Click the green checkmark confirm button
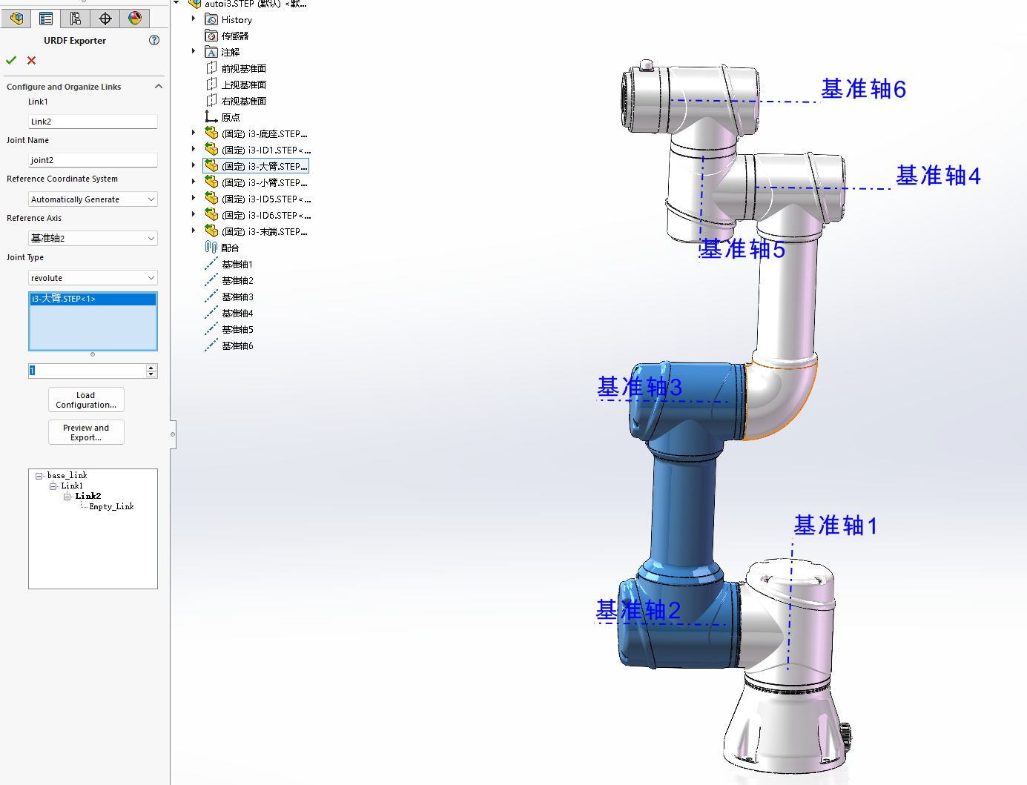tap(11, 60)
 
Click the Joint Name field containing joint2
tap(93, 160)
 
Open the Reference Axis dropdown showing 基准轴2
tap(93, 238)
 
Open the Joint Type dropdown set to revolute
tap(93, 278)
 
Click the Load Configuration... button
tap(86, 400)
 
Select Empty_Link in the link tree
tap(111, 507)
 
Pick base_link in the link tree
tap(67, 476)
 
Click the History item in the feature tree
tap(237, 20)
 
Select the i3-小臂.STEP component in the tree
tap(263, 183)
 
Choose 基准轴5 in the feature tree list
tap(237, 330)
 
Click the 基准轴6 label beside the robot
tap(863, 90)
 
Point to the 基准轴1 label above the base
tap(835, 526)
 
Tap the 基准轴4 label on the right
tap(938, 176)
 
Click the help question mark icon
tap(154, 40)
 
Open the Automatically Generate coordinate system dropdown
tap(93, 199)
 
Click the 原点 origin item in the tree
tap(230, 118)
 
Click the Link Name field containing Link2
tap(93, 122)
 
